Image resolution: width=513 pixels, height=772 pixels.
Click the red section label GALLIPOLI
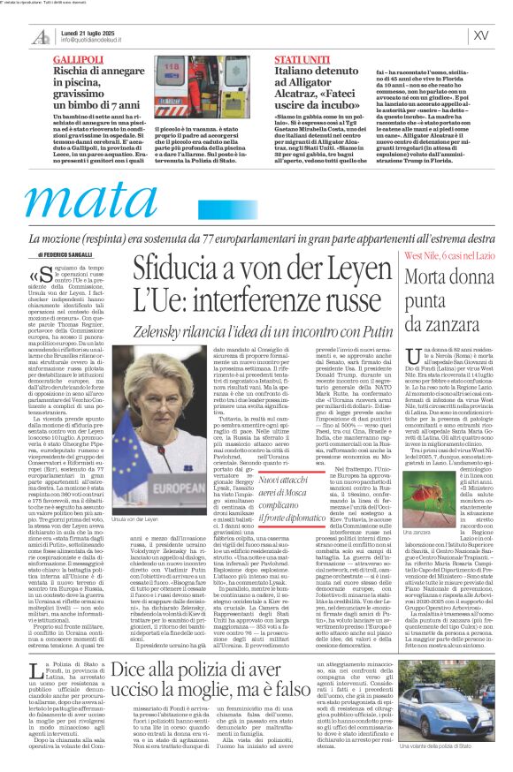[78, 57]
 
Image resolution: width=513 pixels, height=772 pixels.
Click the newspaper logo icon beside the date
[42, 36]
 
